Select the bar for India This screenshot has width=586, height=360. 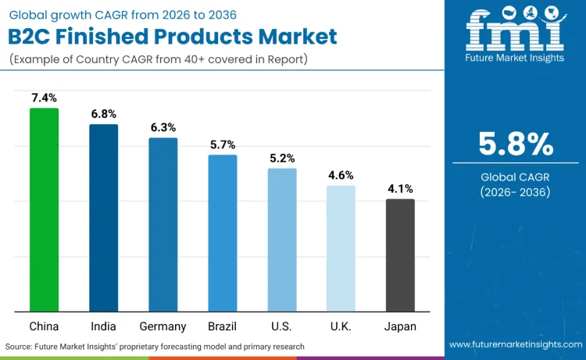tap(103, 218)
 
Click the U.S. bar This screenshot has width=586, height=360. tap(282, 240)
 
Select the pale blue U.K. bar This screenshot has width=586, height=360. tap(341, 248)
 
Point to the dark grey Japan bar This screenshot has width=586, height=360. tap(400, 255)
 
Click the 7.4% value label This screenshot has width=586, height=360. tap(44, 98)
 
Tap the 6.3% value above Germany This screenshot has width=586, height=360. tap(163, 127)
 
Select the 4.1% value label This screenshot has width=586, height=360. tap(400, 188)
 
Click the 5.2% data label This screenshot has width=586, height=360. tap(282, 158)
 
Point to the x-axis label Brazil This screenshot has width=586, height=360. tap(222, 326)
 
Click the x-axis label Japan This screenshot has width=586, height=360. tap(400, 326)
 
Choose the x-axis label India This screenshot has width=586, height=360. tap(103, 326)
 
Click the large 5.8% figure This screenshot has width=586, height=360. tap(516, 144)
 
